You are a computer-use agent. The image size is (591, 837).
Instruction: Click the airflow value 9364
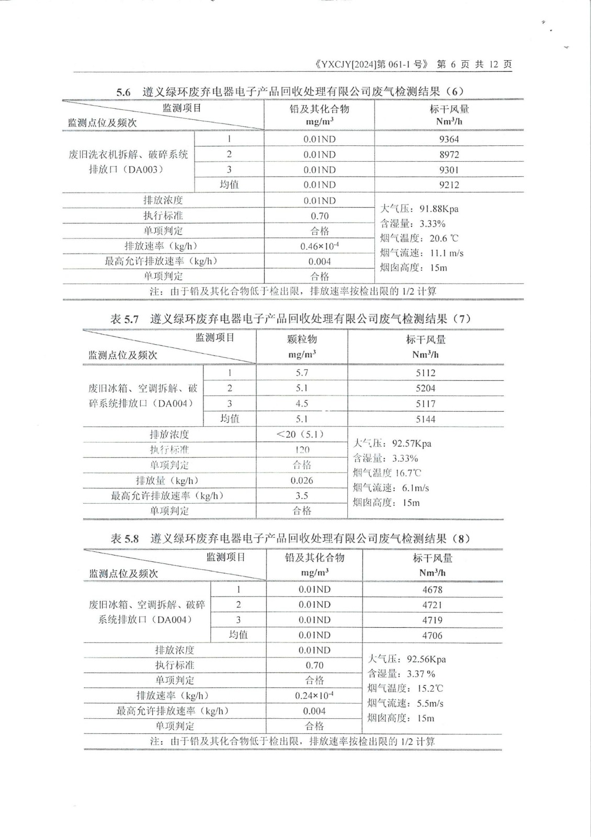449,139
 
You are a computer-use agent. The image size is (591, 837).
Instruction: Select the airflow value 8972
449,154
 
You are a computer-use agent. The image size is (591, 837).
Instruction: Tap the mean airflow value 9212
449,185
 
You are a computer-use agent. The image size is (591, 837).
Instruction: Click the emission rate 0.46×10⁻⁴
319,246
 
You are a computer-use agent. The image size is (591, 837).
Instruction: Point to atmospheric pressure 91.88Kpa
438,209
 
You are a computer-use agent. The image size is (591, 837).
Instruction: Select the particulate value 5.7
302,373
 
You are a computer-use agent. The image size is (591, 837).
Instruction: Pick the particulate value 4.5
302,403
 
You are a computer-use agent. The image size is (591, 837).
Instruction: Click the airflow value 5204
425,388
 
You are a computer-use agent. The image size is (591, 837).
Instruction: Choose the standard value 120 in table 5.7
302,449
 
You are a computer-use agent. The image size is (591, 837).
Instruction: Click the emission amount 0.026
302,480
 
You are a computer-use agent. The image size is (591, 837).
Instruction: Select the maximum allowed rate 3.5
302,495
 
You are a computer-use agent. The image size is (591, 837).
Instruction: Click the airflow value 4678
432,590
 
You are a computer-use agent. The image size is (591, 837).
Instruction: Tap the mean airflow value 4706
432,635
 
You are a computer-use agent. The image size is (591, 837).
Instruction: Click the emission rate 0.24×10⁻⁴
314,696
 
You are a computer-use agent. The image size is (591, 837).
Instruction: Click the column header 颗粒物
302,340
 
